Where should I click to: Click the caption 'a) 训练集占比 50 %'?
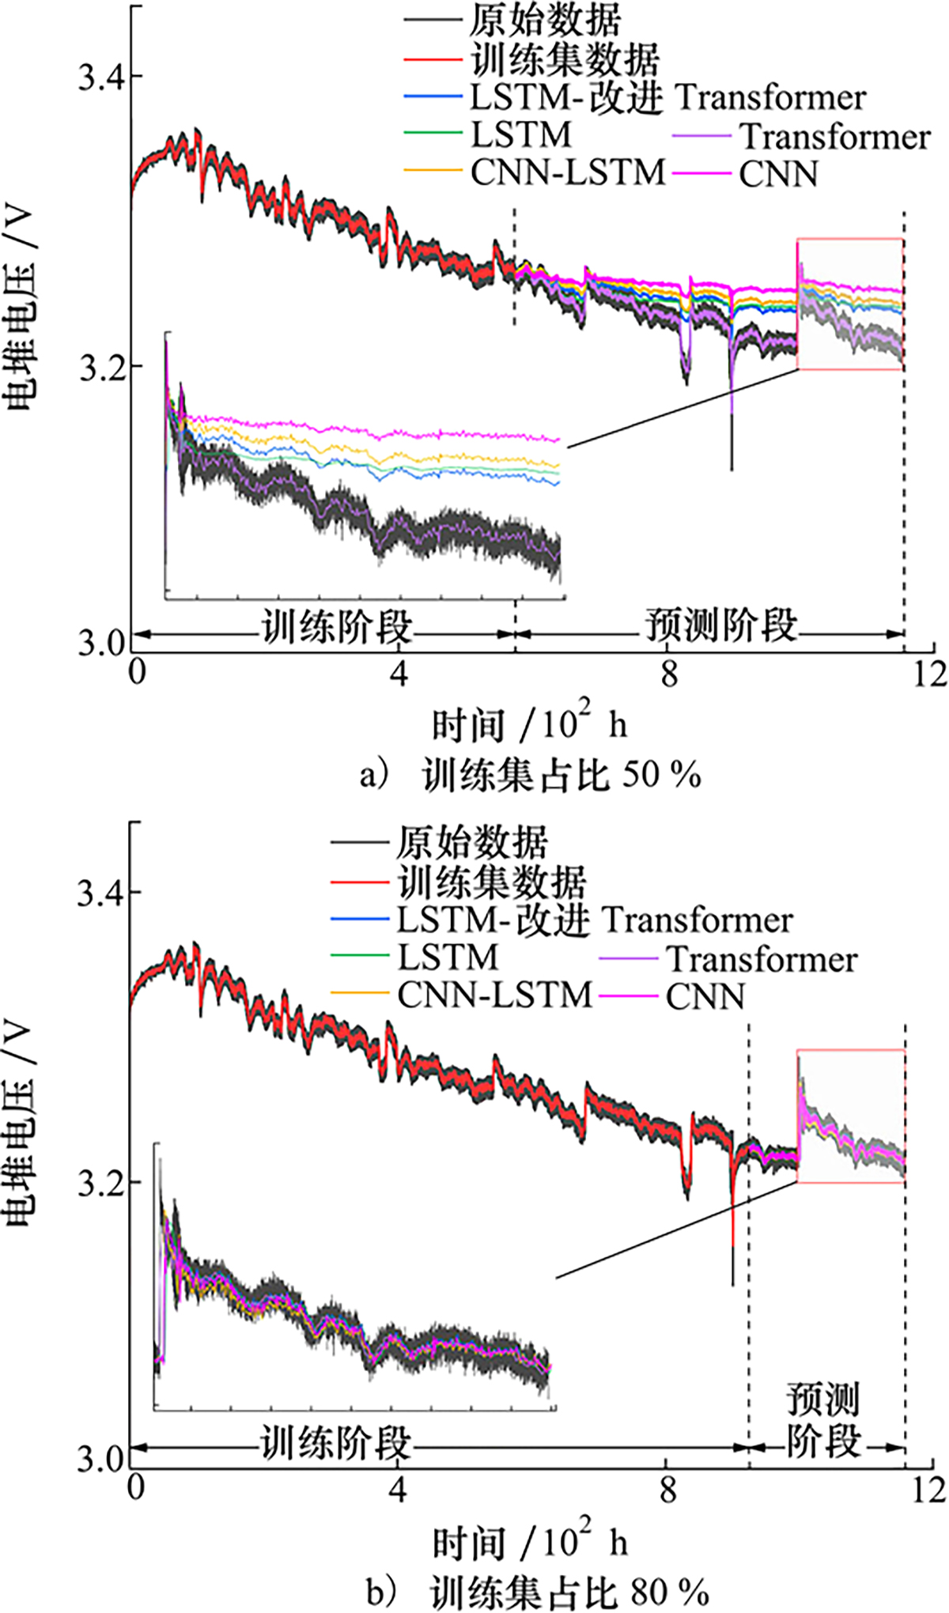coord(530,776)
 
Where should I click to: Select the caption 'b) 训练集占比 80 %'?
coord(538,1591)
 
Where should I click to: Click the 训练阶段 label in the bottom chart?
coord(336,1443)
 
